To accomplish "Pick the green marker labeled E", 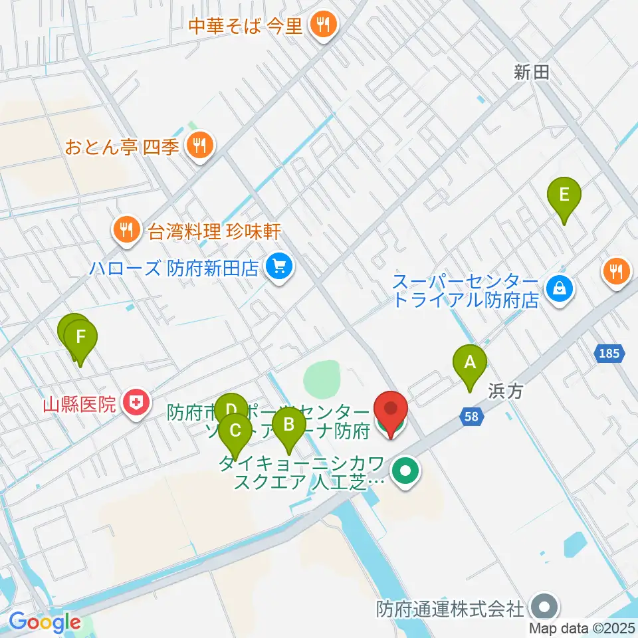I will pos(564,195).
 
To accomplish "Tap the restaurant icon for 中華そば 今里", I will pos(324,26).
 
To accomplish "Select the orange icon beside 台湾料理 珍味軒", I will pos(126,231).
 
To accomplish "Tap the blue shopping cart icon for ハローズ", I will pos(278,268).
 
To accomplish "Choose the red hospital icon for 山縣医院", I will pos(136,403).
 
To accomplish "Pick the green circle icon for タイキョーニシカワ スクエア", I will pos(405,473).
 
